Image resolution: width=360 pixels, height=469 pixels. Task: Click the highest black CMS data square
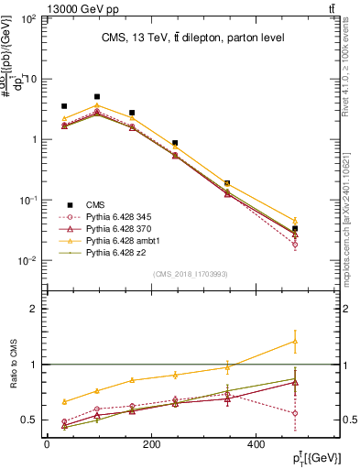coord(97,96)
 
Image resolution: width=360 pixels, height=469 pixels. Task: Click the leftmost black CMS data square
coord(64,106)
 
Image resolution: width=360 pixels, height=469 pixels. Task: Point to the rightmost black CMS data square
coord(294,228)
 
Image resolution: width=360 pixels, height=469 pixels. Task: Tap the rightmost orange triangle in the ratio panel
coord(294,341)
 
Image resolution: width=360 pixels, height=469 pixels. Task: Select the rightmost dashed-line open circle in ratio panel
coord(294,413)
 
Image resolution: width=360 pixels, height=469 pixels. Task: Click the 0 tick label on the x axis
coord(47,444)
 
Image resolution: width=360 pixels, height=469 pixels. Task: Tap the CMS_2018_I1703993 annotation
coord(191,274)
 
